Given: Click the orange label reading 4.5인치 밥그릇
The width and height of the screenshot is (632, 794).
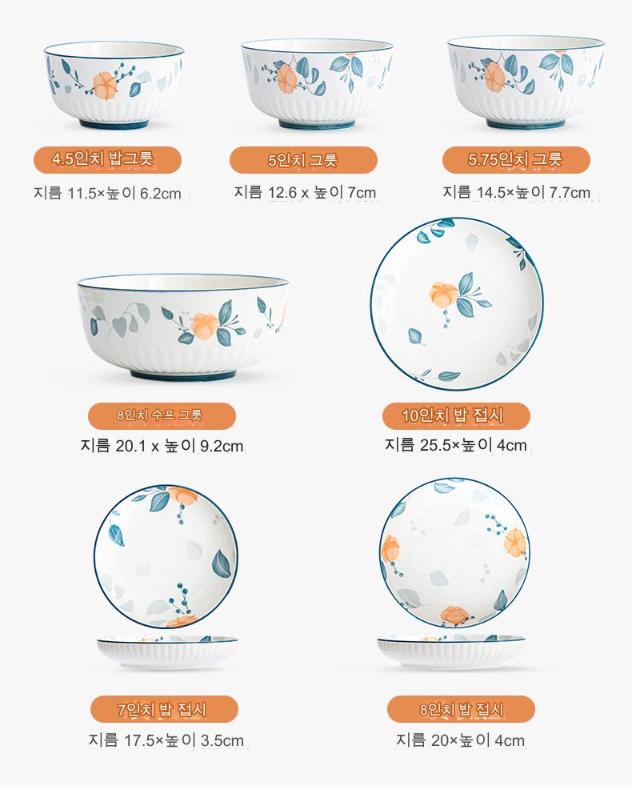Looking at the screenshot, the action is [107, 159].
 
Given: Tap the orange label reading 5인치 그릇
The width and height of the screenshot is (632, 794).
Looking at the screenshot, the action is [304, 160].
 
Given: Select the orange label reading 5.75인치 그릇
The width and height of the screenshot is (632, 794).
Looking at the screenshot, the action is [516, 160].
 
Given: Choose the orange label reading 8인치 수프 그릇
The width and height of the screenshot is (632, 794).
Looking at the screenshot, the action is [162, 415].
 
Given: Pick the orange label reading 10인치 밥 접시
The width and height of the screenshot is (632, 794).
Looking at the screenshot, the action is [457, 415].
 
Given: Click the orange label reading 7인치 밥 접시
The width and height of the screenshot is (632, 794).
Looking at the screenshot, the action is [165, 709].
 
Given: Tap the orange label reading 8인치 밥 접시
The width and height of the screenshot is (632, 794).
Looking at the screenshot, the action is [461, 709].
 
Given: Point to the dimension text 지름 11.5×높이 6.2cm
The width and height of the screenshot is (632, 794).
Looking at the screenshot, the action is [107, 193].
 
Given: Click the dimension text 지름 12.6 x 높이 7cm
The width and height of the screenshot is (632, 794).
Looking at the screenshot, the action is [305, 192].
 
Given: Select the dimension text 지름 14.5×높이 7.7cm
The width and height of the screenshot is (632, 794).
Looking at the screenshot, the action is [516, 192].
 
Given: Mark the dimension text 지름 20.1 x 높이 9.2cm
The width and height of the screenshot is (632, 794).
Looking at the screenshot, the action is [162, 446].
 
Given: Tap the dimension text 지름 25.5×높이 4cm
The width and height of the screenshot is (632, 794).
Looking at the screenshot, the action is [456, 444].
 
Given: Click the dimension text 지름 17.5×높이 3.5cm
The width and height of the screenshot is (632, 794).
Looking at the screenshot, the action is [166, 740].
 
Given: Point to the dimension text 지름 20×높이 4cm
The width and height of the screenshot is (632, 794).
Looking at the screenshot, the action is [460, 740].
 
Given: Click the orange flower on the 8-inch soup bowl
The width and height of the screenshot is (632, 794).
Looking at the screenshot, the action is [204, 326].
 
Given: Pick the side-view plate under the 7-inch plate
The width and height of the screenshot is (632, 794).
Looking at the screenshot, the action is [167, 652].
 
